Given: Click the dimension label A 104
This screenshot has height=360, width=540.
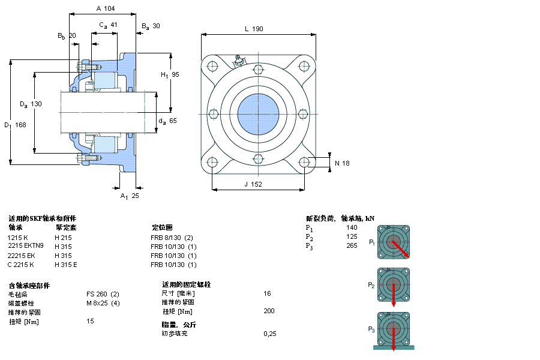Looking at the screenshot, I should (105, 9).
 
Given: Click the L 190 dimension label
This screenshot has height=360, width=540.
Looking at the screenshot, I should (254, 29).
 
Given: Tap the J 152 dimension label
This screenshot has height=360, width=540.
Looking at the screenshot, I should (253, 184).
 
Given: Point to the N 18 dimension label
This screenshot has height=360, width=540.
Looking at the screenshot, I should (341, 163).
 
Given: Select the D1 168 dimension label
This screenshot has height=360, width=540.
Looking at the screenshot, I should (16, 125).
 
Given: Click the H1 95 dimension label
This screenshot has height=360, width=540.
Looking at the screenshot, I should (170, 74).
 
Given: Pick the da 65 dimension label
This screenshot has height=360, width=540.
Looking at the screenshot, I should (167, 121).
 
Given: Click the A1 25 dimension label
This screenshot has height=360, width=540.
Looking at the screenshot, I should (130, 196).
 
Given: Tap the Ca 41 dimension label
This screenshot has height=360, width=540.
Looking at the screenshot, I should (108, 25).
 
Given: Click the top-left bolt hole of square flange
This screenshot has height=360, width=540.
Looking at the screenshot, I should (212, 67).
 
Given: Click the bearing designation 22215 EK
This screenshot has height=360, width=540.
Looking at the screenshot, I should (21, 255).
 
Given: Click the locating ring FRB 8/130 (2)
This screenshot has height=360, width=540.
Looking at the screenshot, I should (172, 237).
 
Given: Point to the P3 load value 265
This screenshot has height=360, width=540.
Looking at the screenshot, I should (351, 245).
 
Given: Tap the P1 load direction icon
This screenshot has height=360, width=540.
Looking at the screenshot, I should (393, 241).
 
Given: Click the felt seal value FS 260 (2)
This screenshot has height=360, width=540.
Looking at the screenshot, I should (103, 293).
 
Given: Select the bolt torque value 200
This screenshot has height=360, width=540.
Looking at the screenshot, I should (269, 311).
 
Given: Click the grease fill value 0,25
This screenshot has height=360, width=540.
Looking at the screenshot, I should (270, 334).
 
